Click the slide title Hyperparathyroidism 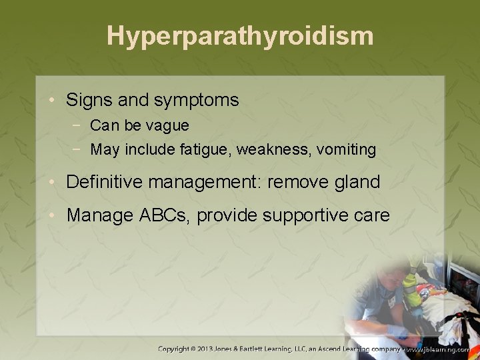point(240,36)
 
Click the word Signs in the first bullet point(85,101)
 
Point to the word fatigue point(202,150)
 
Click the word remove point(297,182)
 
